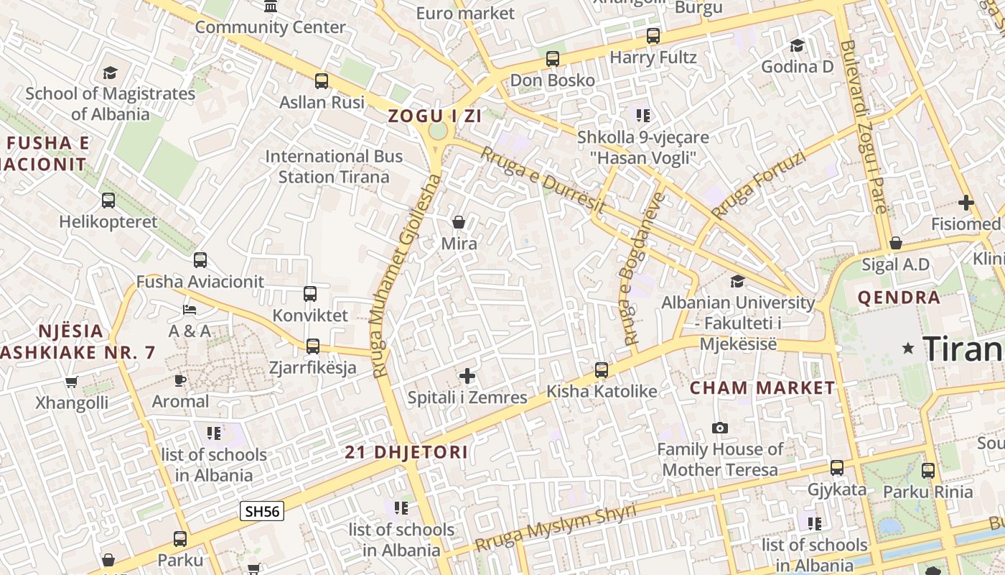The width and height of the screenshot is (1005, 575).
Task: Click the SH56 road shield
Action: point(262,511)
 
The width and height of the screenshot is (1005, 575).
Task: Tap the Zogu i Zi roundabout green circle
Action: point(437,132)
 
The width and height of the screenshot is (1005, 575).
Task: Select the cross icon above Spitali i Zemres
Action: point(467,376)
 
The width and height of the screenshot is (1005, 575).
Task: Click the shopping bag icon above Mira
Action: point(459,222)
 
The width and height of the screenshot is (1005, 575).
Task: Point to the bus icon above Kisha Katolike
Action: point(602,370)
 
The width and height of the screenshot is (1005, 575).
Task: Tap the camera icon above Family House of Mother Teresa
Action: point(720,428)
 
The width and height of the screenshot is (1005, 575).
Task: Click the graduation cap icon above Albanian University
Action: point(737,281)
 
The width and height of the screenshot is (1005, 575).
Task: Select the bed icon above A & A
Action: point(190,310)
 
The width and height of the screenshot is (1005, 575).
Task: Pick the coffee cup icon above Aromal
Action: point(180,380)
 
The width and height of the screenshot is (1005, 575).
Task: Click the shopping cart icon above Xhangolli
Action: point(71,382)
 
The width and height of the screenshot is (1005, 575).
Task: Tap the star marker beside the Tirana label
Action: point(908,349)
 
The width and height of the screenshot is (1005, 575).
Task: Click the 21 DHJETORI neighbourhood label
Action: point(406,453)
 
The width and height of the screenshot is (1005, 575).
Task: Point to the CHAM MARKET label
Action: point(762,388)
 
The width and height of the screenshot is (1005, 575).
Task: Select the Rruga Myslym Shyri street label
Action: point(556,528)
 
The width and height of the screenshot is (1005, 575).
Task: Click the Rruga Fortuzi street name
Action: point(758,186)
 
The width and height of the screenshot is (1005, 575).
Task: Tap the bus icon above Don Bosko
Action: point(552,59)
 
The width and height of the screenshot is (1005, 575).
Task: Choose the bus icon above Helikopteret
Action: point(108,201)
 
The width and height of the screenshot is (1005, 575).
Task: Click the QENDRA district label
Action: point(899,298)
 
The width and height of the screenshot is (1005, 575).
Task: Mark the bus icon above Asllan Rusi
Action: point(322,81)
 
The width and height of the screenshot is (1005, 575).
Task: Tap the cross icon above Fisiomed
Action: point(966,203)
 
